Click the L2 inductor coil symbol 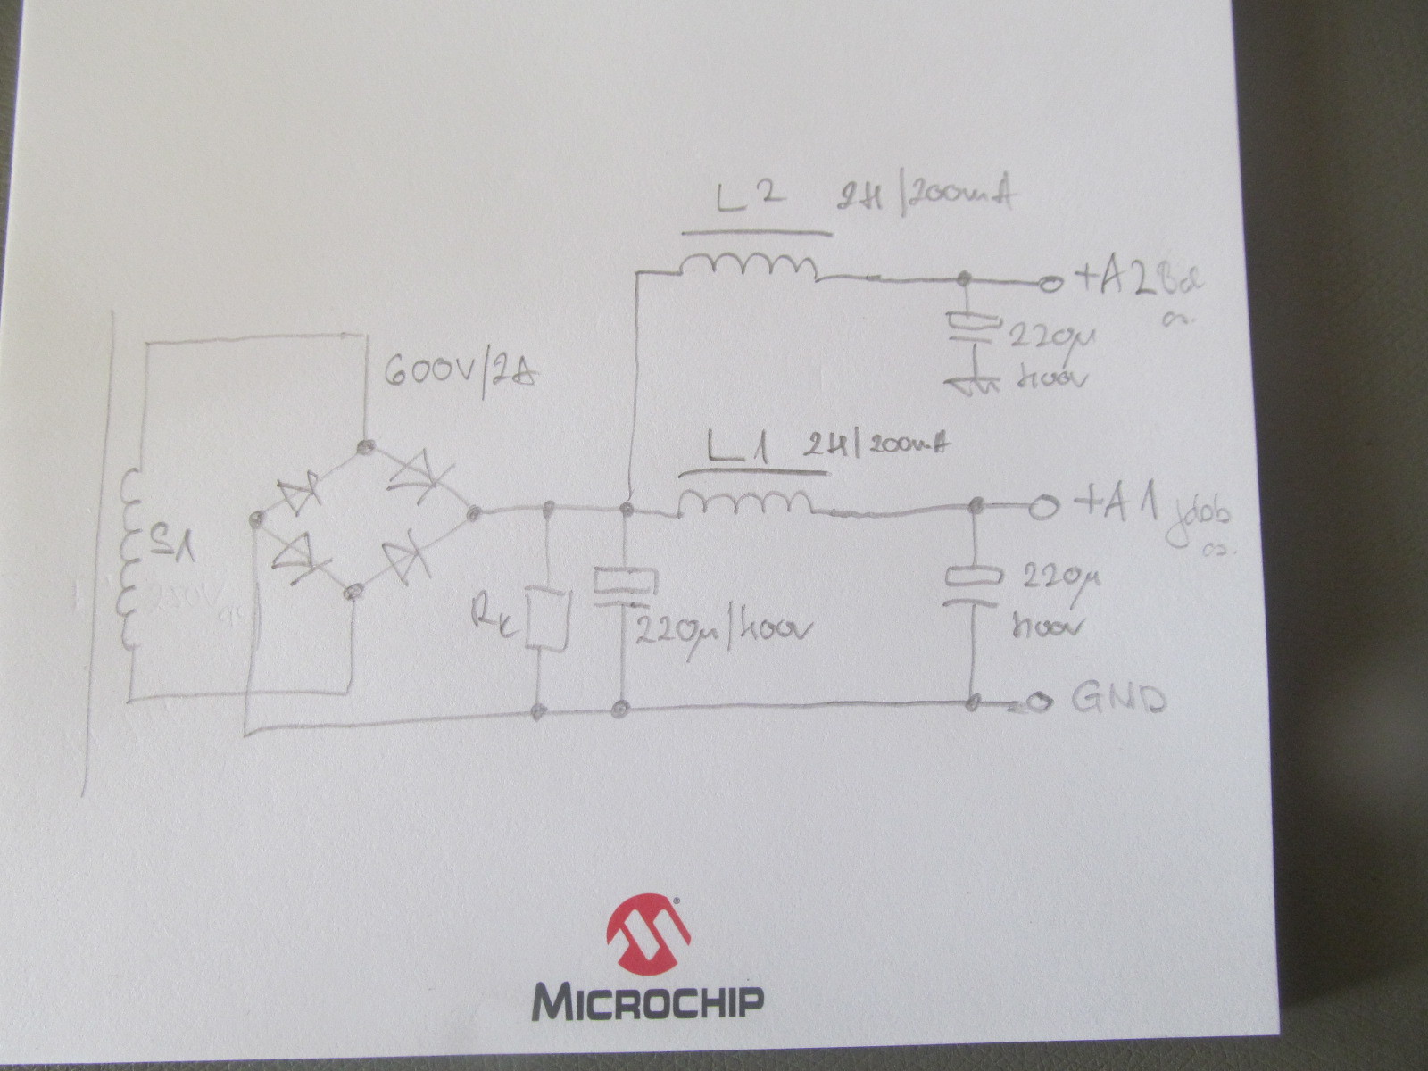748,266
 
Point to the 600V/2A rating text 461,370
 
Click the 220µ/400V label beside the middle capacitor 723,632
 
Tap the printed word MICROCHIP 648,1002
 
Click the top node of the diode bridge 363,445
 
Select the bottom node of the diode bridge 353,590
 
